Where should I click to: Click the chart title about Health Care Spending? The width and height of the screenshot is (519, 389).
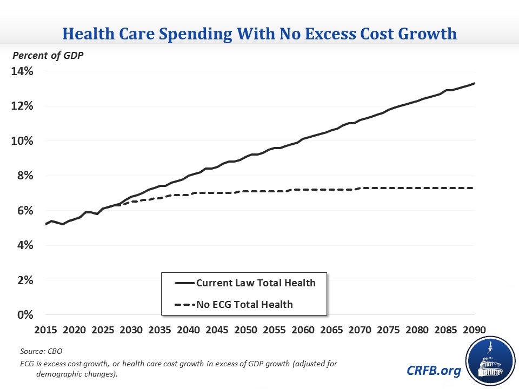[x=259, y=34]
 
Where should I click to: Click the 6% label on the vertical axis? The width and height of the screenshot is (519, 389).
[x=24, y=211]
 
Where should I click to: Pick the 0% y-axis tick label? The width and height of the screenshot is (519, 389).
[x=24, y=315]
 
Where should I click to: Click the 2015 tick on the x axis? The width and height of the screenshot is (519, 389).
[x=45, y=330]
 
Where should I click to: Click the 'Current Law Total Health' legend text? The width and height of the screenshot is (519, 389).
[x=256, y=283]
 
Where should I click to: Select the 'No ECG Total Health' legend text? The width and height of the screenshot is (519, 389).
[x=244, y=304]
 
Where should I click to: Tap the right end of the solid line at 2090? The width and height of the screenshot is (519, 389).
[x=474, y=83]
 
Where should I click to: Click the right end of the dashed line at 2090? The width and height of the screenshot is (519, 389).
[x=474, y=188]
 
